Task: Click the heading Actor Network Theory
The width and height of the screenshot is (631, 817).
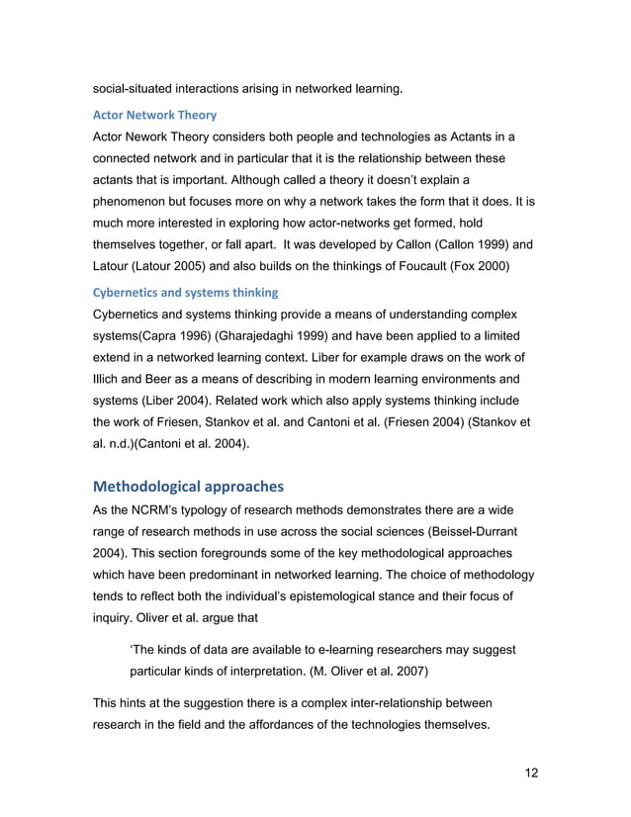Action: pos(153,115)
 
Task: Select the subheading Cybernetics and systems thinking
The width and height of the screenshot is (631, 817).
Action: pos(185,292)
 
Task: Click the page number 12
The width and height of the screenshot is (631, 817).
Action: pos(531,772)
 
